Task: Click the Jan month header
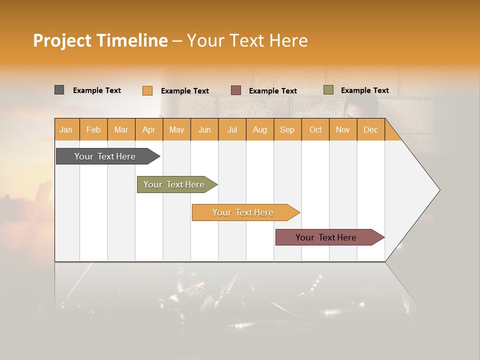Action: [66, 129]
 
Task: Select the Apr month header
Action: [148, 129]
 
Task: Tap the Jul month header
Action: [232, 129]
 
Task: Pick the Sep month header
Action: [287, 129]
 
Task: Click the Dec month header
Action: [370, 129]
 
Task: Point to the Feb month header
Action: [93, 129]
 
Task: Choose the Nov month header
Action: [342, 129]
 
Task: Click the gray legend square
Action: [59, 90]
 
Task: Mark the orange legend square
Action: [147, 90]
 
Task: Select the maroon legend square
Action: [236, 90]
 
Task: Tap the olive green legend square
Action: [328, 90]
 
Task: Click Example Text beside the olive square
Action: [364, 90]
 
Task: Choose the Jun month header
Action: [204, 129]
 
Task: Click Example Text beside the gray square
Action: [97, 90]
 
